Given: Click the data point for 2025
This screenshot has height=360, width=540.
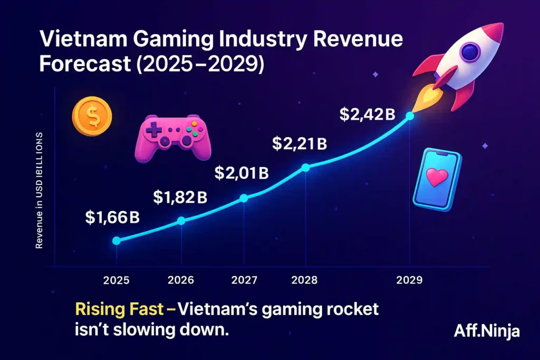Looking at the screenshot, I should click(117, 240).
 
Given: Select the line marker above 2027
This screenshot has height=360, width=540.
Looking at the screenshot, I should click(244, 198).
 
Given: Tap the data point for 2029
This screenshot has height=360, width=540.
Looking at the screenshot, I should click(410, 115).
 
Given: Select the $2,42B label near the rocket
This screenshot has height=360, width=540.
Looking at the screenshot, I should click(367, 115).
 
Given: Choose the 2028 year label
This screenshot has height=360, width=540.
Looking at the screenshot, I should click(305, 280).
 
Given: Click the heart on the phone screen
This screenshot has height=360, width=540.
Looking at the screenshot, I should click(437, 179).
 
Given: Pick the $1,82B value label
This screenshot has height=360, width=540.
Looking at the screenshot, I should click(180, 198).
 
